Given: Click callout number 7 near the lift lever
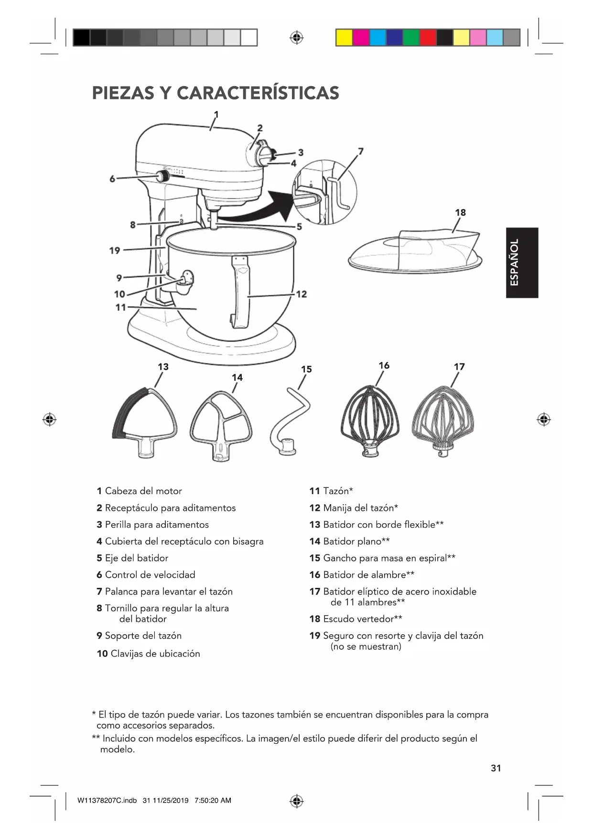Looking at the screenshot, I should [361, 152].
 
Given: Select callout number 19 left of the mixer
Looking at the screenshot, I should [115, 250].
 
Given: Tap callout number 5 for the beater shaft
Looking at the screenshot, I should [299, 227].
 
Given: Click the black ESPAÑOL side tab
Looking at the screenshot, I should [522, 263].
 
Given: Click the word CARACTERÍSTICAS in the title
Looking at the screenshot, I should [258, 93].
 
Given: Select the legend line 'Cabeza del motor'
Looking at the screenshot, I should [143, 491].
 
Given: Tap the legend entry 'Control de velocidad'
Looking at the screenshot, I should [150, 575].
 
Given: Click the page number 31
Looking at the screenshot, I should [496, 768].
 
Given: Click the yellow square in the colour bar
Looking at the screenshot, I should [344, 37].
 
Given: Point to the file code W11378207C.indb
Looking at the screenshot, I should [107, 800].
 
